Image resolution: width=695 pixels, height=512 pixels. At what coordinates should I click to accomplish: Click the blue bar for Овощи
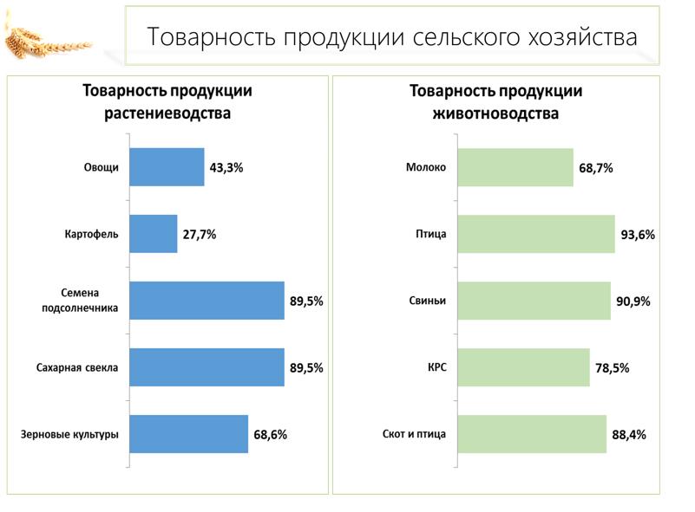click(167, 167)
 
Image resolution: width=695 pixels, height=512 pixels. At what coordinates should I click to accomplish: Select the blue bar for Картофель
click(153, 234)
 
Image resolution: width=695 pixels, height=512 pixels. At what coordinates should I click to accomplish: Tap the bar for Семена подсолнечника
click(207, 301)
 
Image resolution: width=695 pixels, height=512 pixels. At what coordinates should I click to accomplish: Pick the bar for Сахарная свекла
click(207, 367)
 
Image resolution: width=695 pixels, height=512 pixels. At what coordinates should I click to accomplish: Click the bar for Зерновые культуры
click(188, 434)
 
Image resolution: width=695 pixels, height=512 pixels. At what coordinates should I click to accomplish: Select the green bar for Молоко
click(515, 167)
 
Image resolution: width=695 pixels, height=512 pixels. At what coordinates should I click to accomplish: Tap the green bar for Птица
click(536, 234)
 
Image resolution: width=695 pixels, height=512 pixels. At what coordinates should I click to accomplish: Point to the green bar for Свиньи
click(534, 301)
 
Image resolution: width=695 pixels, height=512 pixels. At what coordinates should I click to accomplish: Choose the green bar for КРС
click(523, 367)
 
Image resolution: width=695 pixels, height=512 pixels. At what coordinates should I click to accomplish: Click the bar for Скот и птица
click(532, 434)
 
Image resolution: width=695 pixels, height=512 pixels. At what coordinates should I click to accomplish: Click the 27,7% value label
click(200, 235)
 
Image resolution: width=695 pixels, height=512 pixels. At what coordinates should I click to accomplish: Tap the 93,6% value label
click(638, 235)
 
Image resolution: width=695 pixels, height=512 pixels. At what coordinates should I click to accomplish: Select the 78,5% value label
click(613, 368)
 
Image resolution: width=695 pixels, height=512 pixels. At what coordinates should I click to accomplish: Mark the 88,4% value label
click(629, 435)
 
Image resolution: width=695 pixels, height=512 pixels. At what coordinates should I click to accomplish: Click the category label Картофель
click(91, 234)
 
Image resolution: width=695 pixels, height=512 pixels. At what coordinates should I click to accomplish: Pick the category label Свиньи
click(427, 301)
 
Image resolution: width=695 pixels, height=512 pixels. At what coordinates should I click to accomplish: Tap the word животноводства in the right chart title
click(495, 113)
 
